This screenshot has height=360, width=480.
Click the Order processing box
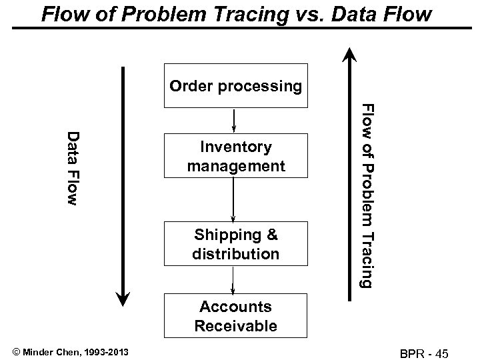(235, 86)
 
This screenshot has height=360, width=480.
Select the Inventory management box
(235, 155)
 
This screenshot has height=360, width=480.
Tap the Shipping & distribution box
(235, 244)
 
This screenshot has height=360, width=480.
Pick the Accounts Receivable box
(235, 316)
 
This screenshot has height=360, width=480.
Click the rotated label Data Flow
(75, 167)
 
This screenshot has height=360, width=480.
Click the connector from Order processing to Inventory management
(233, 120)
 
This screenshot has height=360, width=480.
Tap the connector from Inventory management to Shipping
(233, 199)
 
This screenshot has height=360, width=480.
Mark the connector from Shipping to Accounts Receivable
(233, 279)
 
